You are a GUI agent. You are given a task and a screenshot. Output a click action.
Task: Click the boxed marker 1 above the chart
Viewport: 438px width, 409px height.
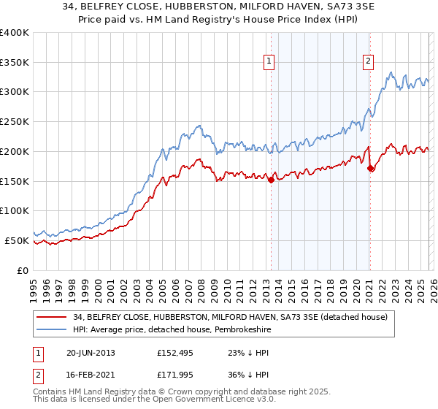[x=270, y=61]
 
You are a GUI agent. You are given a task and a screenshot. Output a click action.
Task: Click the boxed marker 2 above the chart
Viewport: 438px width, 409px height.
[x=368, y=61]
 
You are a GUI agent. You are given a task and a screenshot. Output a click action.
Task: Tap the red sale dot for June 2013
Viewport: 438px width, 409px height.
[x=271, y=179]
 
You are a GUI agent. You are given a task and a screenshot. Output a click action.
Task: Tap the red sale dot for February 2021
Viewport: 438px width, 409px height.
[x=370, y=168]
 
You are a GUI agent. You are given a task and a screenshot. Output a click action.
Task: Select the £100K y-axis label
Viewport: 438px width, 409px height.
[x=15, y=210]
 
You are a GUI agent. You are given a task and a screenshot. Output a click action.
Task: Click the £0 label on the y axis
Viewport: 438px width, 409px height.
[x=23, y=270]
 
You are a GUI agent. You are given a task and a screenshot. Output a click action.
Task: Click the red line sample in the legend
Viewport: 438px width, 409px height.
[x=52, y=316]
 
